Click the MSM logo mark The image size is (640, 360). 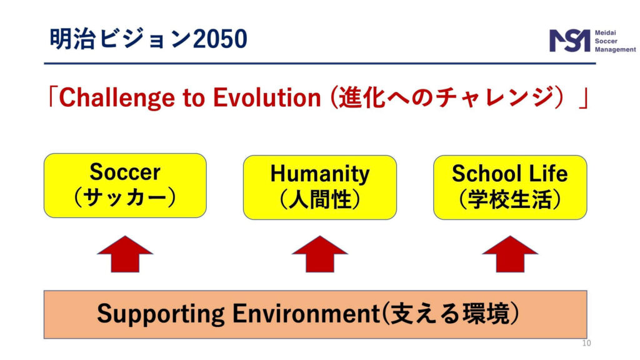coord(570,41)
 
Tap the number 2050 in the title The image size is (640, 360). coord(220,39)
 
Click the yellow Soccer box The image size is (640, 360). coord(125,186)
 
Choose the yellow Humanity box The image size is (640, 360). coord(320,187)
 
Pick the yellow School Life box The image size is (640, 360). coord(510,187)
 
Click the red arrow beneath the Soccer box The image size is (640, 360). coord(125,254)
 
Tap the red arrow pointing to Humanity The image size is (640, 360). coord(320,254)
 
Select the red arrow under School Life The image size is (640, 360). coord(510,254)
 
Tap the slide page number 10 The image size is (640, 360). coord(586,343)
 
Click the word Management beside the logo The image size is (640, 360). coord(615,49)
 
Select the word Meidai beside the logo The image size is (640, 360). coord(605,32)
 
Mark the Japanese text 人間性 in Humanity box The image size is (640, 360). coord(320,200)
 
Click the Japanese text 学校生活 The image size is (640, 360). coord(510,200)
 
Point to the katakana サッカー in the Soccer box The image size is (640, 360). coord(125,197)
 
